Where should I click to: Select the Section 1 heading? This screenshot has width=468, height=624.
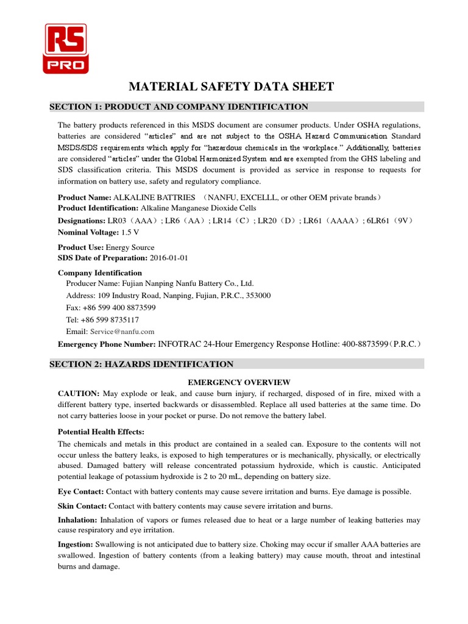179,107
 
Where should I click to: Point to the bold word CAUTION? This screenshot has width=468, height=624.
79,394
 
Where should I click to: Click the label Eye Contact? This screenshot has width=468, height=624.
81,491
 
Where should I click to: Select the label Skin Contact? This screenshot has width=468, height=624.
82,506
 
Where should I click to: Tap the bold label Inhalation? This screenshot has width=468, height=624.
77,520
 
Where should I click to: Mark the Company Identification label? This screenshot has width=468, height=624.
99,273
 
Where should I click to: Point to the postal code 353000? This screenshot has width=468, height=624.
258,296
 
